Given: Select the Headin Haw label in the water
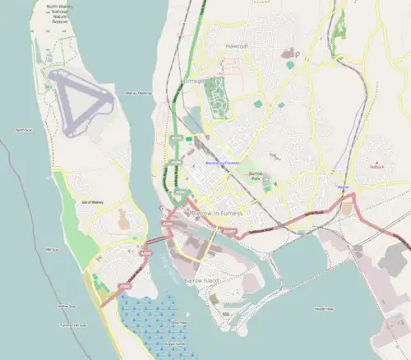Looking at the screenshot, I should click(x=324, y=309).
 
